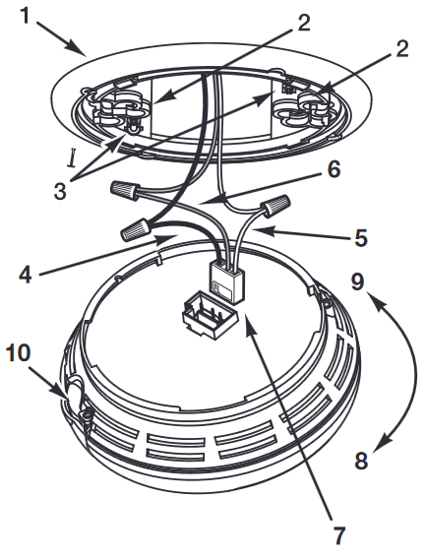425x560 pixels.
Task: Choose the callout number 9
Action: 358,283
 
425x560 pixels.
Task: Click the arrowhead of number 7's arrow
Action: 246,321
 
